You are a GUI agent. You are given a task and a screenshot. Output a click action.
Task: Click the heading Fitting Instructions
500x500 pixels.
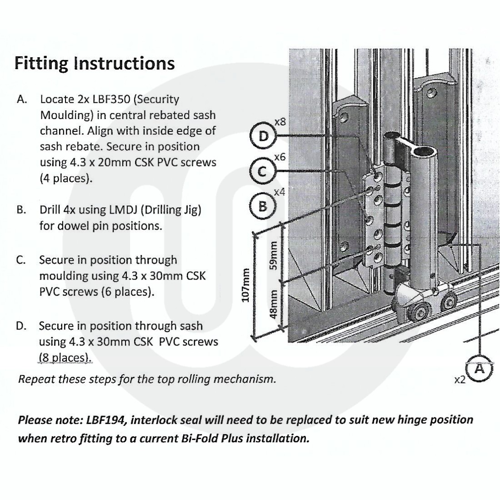(x=95, y=63)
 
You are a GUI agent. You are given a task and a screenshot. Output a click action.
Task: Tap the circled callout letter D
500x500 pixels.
(x=262, y=136)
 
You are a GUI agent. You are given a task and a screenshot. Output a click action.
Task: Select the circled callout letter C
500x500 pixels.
(x=262, y=171)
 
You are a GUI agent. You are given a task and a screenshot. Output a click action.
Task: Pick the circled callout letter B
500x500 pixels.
(x=262, y=206)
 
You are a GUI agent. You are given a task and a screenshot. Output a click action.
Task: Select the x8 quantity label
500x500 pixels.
(x=280, y=122)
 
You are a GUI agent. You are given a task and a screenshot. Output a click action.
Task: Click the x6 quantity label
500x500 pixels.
(x=280, y=157)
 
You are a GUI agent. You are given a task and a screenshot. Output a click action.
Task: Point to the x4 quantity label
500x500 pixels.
(x=280, y=192)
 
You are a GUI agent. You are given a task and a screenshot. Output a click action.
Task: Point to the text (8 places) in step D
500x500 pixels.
(x=65, y=357)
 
